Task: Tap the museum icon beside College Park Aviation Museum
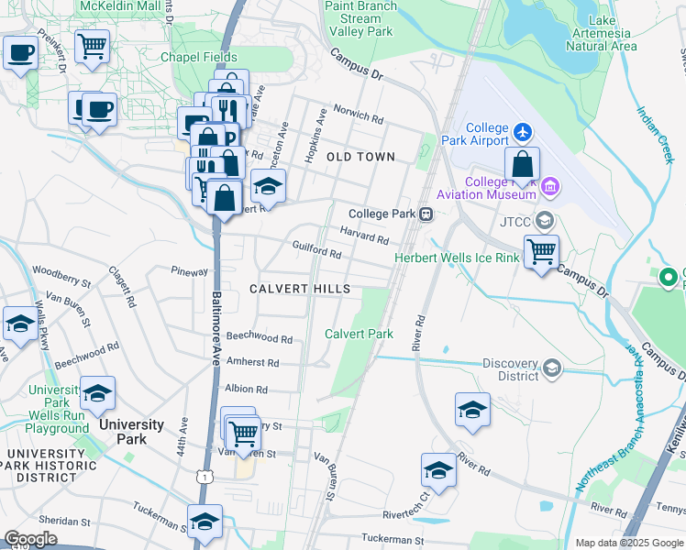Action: point(550,189)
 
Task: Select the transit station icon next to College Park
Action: point(426,214)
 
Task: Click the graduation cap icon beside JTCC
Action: point(545,220)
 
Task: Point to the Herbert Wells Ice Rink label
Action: point(456,258)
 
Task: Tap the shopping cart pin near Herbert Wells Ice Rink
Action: point(542,250)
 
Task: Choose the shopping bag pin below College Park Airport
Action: point(522,165)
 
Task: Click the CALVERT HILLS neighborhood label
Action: point(300,289)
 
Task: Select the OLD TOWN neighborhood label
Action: point(361,157)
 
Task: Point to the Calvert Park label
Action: point(359,334)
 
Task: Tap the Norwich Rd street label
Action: point(359,117)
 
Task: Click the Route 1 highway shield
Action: point(208,477)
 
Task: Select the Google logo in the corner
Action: point(30,539)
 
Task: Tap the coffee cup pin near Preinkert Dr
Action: point(20,52)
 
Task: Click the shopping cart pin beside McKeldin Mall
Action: point(92,46)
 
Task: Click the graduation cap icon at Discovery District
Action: point(551,368)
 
